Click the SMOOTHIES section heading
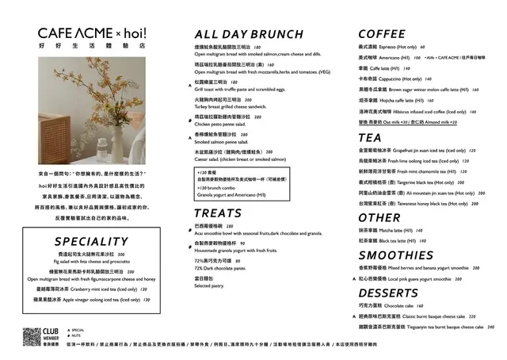tap(406, 255)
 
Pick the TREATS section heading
tap(218, 213)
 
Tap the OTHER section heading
tap(379, 217)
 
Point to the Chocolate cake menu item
tap(388, 305)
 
